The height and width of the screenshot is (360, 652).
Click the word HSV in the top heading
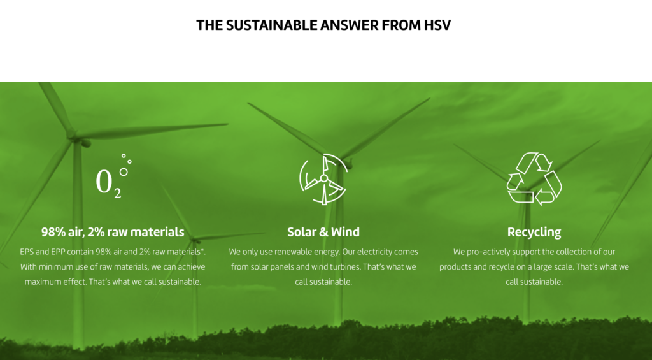437,25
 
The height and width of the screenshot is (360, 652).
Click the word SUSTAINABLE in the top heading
271,25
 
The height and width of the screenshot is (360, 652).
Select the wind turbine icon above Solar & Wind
323,179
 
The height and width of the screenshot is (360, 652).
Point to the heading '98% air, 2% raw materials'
113,232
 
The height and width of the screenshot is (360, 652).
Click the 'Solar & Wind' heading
323,232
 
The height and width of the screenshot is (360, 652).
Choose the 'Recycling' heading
534,232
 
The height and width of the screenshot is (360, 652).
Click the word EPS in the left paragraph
27,252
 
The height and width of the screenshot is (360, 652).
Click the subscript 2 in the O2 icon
117,193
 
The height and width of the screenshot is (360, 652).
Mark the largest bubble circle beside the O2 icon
124,172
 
